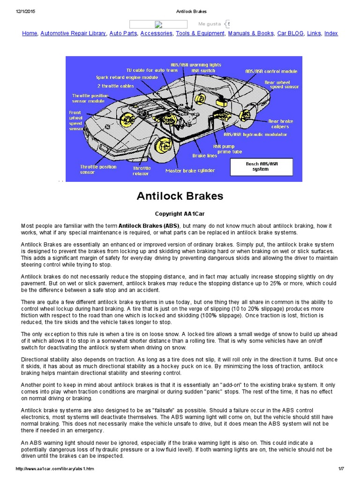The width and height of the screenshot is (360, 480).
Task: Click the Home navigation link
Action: tap(30, 33)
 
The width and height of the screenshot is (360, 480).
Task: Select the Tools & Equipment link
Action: tap(200, 33)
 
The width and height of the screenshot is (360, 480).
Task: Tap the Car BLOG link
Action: tap(290, 33)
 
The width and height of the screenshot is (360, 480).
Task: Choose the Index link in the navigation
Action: tap(331, 33)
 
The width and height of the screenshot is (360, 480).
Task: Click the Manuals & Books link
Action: tap(251, 33)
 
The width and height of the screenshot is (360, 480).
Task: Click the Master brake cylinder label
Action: tap(190, 171)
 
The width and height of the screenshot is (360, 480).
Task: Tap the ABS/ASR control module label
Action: tap(271, 72)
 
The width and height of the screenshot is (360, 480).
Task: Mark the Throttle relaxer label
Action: tap(142, 171)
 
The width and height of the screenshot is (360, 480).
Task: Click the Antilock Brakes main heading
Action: tap(180, 196)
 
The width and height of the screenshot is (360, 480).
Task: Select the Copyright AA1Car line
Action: tap(180, 213)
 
